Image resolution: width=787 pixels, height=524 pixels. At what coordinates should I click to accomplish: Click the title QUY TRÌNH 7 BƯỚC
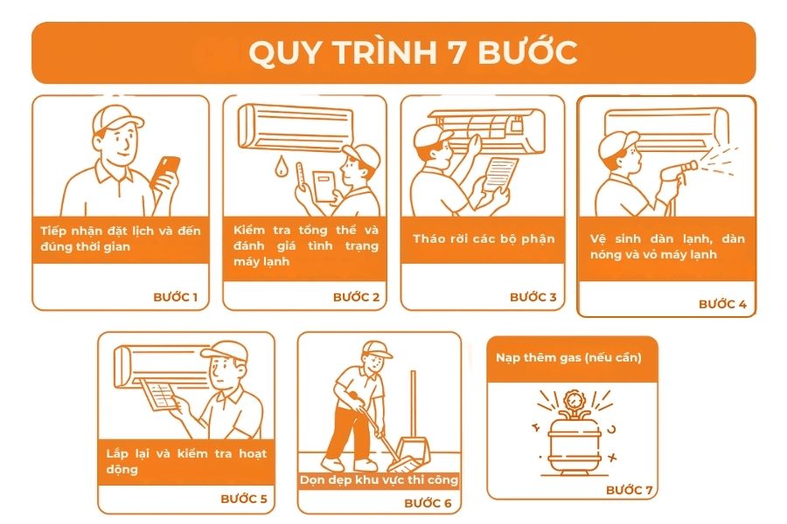point(413,52)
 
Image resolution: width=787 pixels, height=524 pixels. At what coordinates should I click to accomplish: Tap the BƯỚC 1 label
point(176,297)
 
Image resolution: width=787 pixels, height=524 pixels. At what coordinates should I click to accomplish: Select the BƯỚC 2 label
point(357,297)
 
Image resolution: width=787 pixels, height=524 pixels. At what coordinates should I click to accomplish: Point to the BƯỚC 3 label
point(533,297)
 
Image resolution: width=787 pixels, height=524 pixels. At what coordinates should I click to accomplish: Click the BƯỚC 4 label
point(722,304)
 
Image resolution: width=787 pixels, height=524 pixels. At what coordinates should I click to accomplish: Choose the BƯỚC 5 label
point(244,499)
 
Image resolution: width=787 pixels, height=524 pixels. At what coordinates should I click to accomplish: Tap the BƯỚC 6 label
point(428,503)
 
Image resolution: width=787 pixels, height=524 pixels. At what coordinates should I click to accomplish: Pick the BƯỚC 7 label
point(630,489)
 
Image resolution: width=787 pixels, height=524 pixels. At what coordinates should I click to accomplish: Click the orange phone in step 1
point(165,172)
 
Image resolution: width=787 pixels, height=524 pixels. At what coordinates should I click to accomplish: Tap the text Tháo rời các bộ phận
point(484,238)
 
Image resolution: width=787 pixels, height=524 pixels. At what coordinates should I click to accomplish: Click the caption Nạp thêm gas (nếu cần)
point(568,357)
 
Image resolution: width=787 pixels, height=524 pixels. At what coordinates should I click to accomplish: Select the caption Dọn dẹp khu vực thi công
point(379,479)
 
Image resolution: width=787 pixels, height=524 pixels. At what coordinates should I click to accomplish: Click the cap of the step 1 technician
point(117,118)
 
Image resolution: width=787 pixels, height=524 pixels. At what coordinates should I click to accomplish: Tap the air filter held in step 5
point(159,395)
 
